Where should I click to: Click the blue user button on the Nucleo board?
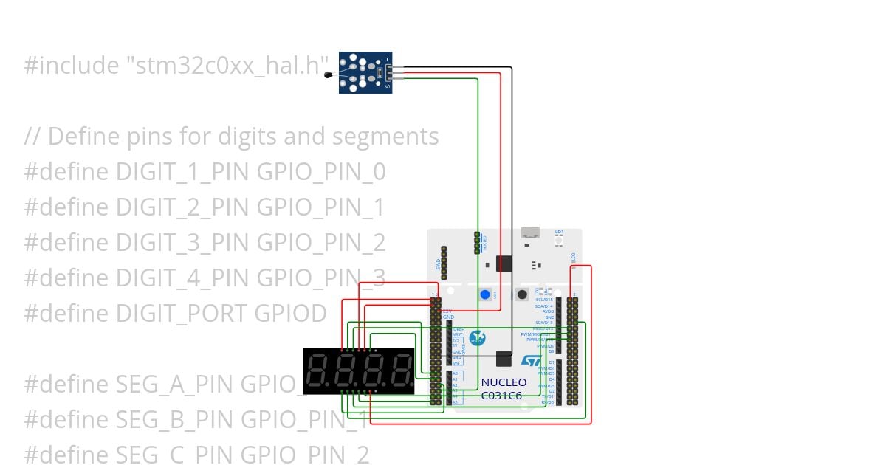(485, 294)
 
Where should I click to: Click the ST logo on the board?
(532, 360)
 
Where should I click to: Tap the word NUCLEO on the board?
(504, 382)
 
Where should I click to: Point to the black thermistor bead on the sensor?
(328, 74)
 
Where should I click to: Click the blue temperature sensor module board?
(365, 73)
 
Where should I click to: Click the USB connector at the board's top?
(530, 235)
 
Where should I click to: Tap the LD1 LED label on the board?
(559, 232)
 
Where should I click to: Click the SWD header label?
(438, 263)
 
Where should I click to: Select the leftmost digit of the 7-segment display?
(317, 371)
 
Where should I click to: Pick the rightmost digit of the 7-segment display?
(401, 371)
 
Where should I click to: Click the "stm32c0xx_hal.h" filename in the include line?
(225, 66)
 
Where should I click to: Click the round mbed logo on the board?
(477, 337)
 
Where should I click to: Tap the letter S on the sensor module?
(387, 86)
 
